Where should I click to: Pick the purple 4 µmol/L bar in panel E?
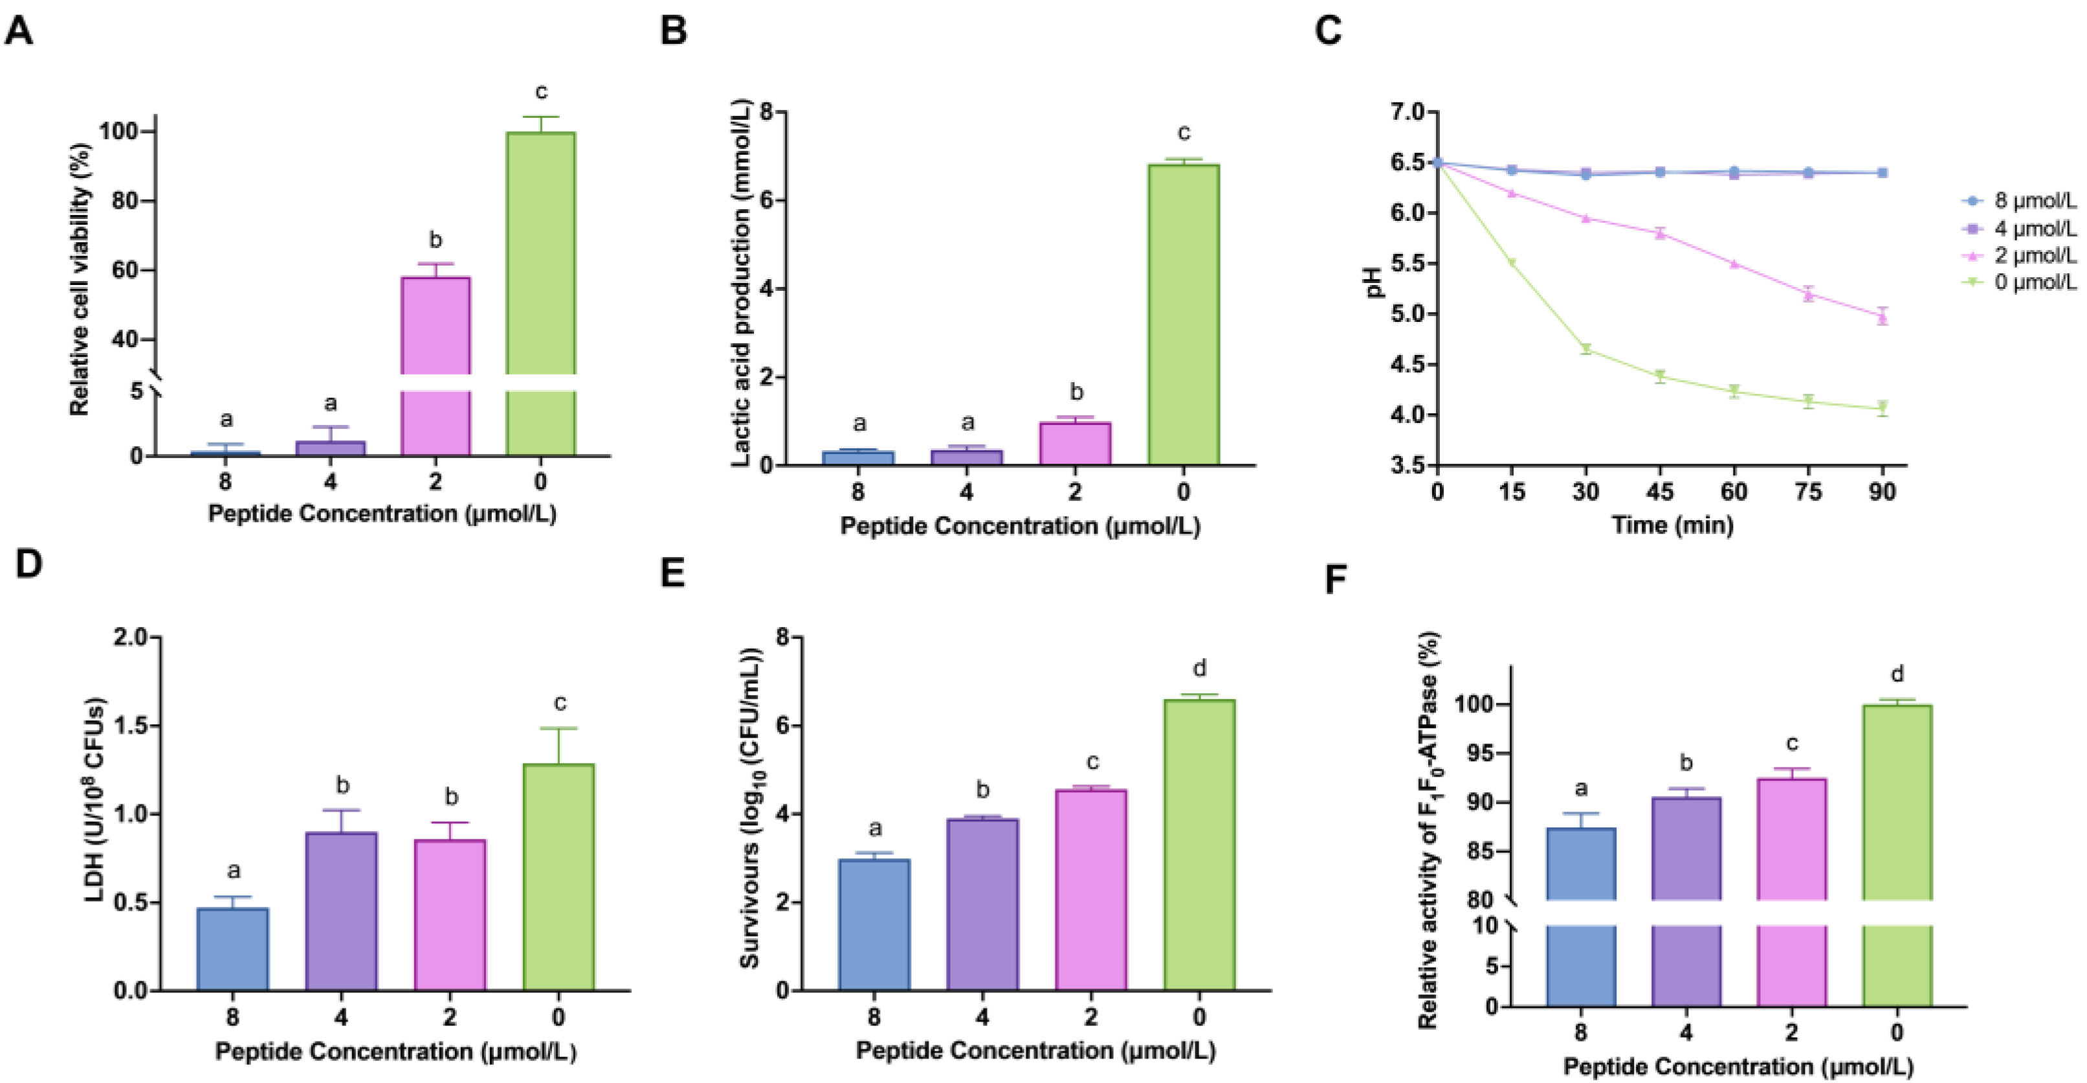point(983,904)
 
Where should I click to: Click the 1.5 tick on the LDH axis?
point(132,725)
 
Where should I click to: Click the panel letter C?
point(1328,31)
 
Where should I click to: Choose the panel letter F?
point(1335,580)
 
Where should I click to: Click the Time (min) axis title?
point(1672,525)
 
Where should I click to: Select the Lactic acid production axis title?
point(740,282)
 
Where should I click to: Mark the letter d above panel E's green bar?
point(1200,668)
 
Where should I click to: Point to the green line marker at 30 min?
point(1585,349)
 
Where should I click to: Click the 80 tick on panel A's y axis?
point(123,200)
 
